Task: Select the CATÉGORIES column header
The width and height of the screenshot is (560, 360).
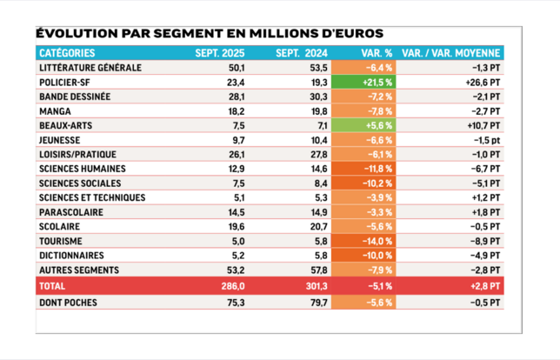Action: pyautogui.click(x=69, y=53)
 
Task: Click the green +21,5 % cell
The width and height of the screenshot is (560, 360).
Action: pyautogui.click(x=377, y=82)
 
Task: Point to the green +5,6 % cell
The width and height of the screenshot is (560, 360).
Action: pyautogui.click(x=377, y=125)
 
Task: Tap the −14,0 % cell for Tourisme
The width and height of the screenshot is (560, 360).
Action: pyautogui.click(x=377, y=241)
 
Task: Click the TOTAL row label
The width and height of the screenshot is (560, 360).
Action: pyautogui.click(x=54, y=284)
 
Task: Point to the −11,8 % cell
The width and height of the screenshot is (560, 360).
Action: pyautogui.click(x=377, y=169)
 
